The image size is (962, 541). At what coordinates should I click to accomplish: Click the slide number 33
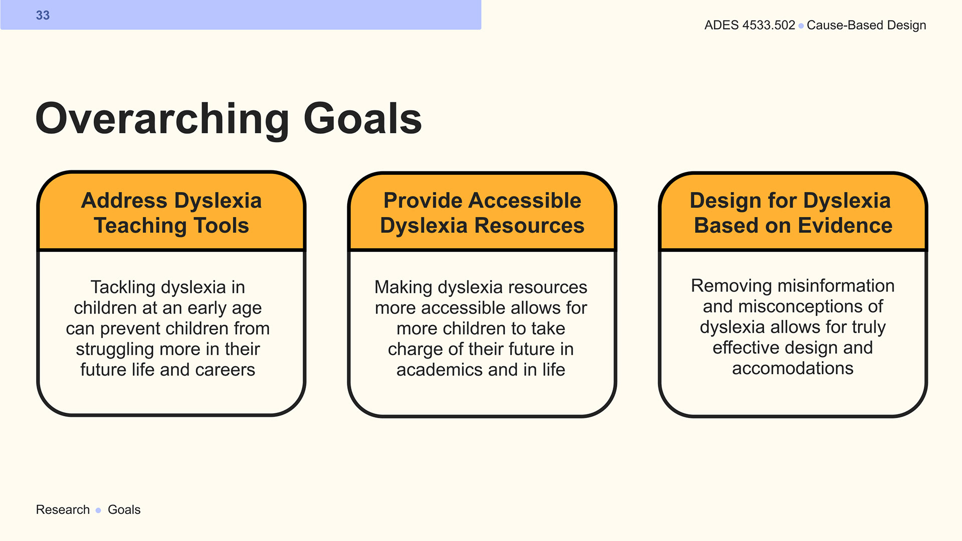[43, 16]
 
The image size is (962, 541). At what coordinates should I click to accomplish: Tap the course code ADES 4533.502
[750, 25]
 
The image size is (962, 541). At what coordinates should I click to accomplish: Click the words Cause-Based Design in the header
[866, 25]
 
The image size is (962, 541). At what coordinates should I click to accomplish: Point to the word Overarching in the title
[162, 119]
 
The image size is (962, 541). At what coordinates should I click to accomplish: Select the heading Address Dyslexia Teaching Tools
[171, 213]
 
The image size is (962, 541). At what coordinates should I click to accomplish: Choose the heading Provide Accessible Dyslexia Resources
[482, 213]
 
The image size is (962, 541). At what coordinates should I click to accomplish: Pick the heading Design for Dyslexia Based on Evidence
[793, 213]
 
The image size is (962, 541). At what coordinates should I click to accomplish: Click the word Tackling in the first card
[123, 288]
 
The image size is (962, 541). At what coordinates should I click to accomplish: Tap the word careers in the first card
[225, 370]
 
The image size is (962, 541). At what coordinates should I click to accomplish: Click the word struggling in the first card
[115, 350]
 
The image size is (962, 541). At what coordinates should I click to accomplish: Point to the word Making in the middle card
[403, 288]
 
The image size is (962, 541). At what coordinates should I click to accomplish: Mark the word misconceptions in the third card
[801, 307]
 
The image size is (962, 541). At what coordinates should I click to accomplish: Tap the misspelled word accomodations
[793, 368]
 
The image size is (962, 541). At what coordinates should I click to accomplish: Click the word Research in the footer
[63, 509]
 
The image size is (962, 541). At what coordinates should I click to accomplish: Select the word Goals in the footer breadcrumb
[124, 509]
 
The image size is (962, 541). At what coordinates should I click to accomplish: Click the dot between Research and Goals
[98, 510]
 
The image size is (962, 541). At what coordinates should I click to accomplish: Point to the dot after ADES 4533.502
[801, 26]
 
